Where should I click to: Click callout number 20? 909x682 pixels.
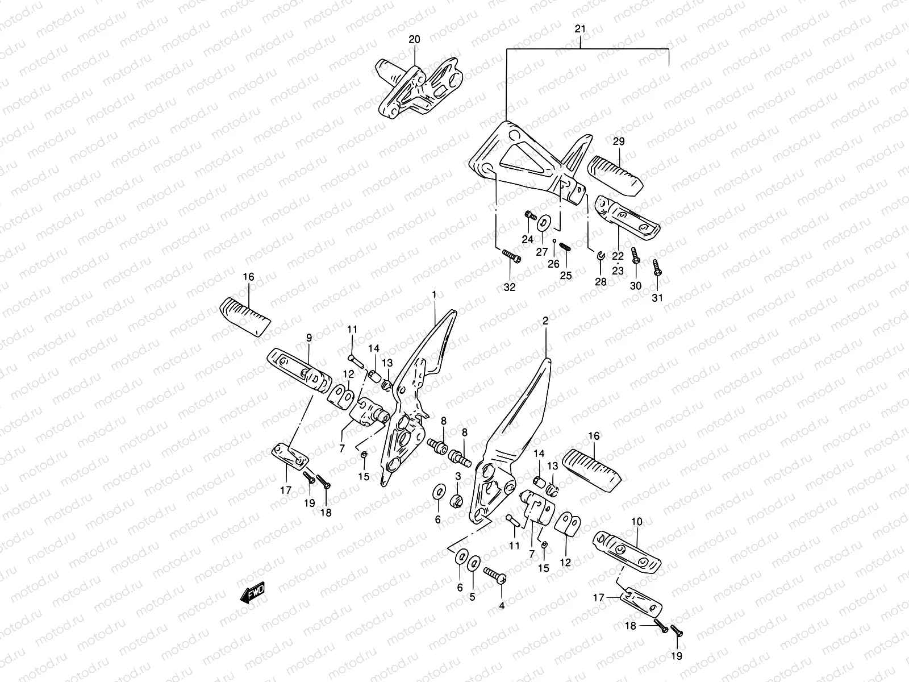415,39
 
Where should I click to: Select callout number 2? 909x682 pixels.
545,321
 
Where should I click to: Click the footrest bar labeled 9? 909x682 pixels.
299,368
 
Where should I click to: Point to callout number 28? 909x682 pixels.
601,282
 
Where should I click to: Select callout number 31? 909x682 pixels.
657,298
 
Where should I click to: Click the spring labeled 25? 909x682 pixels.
565,248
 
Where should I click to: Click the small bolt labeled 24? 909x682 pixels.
531,215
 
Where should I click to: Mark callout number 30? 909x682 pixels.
636,286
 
